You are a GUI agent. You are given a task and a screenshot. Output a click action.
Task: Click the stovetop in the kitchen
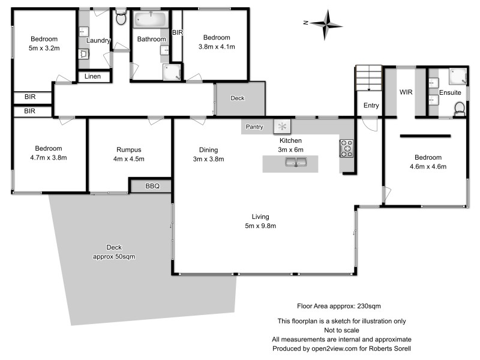pos(347,148)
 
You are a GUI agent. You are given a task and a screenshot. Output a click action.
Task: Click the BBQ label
pos(152,187)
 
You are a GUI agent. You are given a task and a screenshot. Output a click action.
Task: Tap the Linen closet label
pos(93,76)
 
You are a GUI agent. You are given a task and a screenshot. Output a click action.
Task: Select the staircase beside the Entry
pos(369,78)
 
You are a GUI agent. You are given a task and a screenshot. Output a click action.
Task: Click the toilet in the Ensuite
pos(460,109)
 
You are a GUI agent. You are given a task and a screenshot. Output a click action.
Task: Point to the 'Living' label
pos(260,217)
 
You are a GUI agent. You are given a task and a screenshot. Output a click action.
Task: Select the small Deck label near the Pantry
pos(238,98)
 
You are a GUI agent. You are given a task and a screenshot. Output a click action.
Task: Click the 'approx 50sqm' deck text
pos(118,257)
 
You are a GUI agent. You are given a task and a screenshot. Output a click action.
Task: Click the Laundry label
pos(98,40)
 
